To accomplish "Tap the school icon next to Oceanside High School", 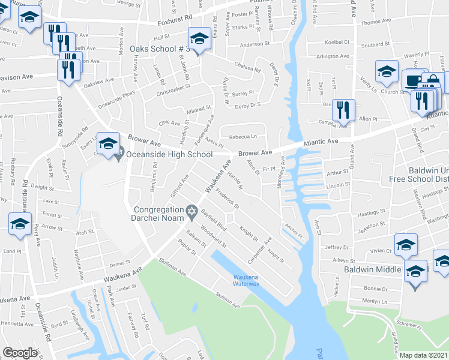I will coord(109,144).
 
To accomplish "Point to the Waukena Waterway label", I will coord(247,280).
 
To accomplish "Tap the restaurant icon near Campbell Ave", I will coord(343,109).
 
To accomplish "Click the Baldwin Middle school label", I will coord(372,269).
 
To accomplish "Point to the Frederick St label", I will coord(228,198).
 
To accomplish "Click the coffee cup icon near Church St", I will coord(413,80).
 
